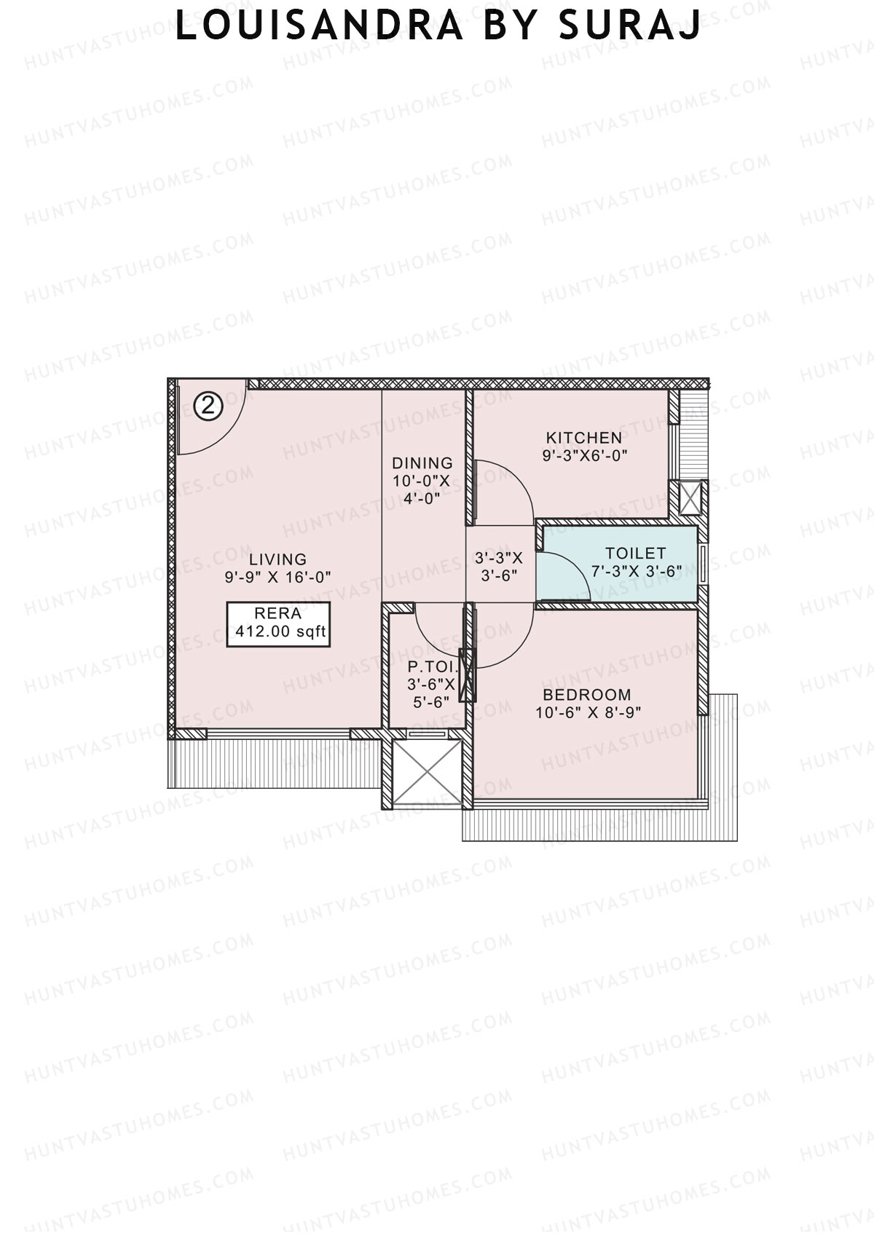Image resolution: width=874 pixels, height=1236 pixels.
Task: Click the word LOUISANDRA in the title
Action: pyautogui.click(x=319, y=27)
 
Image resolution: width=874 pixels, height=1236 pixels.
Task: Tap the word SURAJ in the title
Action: pyautogui.click(x=630, y=27)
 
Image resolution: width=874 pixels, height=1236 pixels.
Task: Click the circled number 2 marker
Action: pyautogui.click(x=208, y=406)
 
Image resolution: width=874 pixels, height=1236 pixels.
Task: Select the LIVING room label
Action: pyautogui.click(x=277, y=559)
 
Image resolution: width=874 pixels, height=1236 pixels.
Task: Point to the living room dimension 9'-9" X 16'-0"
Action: pyautogui.click(x=277, y=577)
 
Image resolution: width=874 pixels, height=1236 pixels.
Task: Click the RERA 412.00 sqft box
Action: pyautogui.click(x=278, y=623)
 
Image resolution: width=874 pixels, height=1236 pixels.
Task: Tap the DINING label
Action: pyautogui.click(x=422, y=463)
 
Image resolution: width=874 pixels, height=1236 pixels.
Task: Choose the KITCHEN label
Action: pyautogui.click(x=584, y=438)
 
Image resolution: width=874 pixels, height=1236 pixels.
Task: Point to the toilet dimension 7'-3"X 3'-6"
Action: pyautogui.click(x=636, y=572)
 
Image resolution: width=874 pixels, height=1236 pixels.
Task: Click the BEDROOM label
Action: pyautogui.click(x=587, y=695)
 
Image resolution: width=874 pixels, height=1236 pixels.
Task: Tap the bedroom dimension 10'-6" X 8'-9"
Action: pyautogui.click(x=588, y=712)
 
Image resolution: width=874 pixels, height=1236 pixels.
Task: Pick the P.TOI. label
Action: pyautogui.click(x=433, y=666)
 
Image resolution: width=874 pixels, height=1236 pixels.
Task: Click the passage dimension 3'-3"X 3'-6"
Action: pyautogui.click(x=499, y=565)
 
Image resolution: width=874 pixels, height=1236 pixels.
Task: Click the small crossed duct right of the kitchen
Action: pyautogui.click(x=689, y=497)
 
